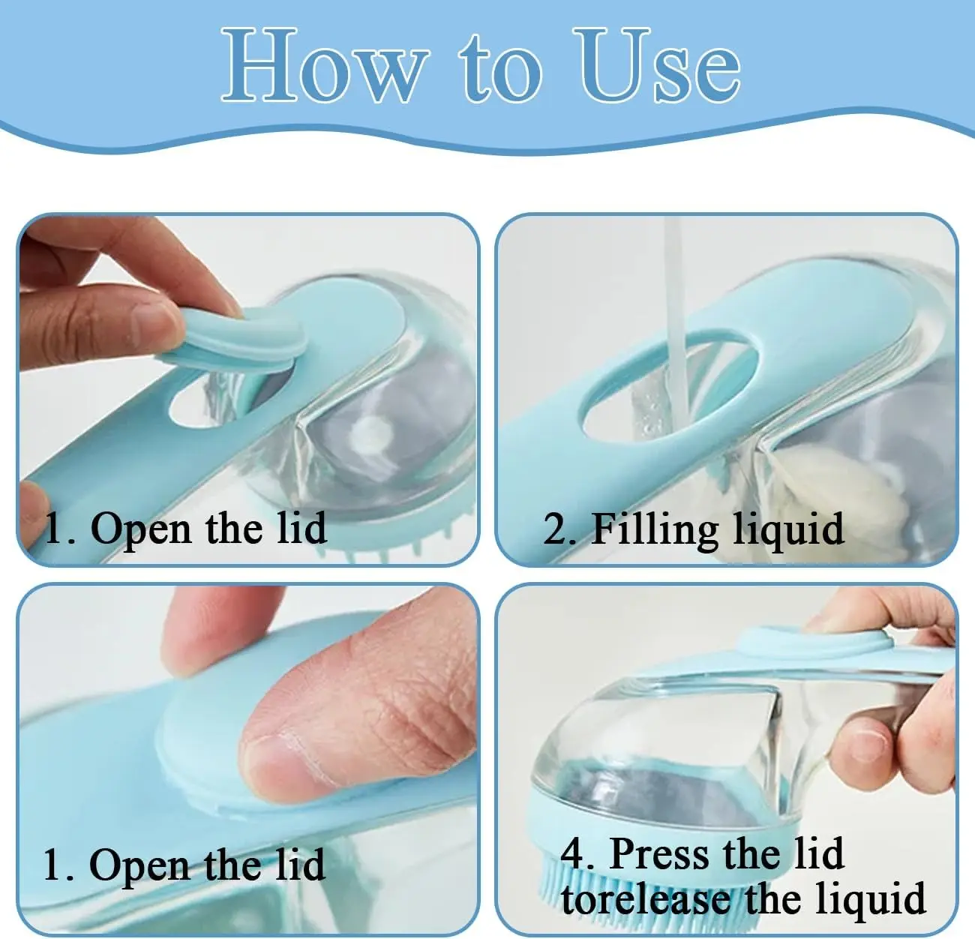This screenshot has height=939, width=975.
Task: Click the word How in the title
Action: tap(325, 65)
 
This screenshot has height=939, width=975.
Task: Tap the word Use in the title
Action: tap(657, 64)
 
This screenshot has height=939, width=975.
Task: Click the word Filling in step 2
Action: tap(656, 531)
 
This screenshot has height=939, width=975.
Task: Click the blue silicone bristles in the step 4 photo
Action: tap(601, 902)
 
